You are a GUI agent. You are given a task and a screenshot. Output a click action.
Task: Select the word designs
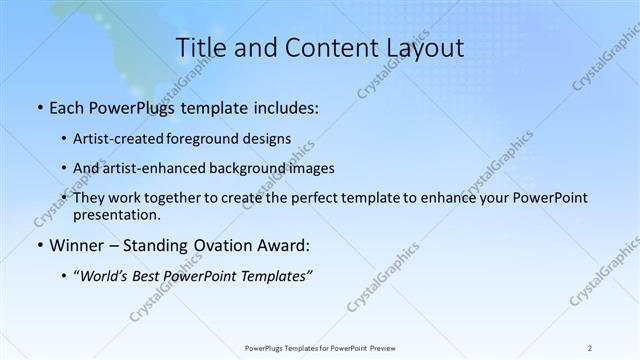tap(272, 138)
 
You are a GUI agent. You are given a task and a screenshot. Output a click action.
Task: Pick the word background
tap(255, 168)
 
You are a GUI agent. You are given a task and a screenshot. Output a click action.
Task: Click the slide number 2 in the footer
tap(590, 347)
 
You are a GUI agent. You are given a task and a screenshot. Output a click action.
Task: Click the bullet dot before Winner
tap(38, 245)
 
